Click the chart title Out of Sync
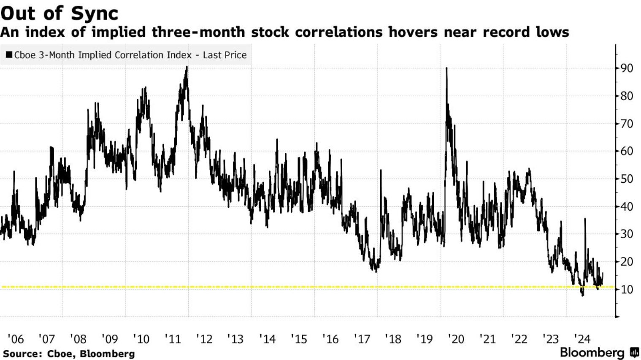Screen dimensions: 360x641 click(x=59, y=13)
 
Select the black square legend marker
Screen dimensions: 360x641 click(x=9, y=55)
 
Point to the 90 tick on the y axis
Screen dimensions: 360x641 click(x=626, y=68)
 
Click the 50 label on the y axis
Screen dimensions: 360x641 click(x=626, y=179)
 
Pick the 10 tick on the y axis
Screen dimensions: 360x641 click(x=626, y=290)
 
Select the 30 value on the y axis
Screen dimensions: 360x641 click(x=626, y=234)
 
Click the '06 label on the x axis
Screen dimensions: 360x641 click(x=16, y=339)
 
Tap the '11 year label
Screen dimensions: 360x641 click(x=173, y=339)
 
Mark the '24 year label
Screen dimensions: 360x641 click(x=582, y=339)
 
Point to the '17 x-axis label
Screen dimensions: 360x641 click(x=362, y=339)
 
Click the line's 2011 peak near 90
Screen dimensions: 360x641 click(x=187, y=67)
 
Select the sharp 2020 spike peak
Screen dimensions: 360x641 click(x=446, y=68)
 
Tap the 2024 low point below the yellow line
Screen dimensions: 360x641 click(x=583, y=295)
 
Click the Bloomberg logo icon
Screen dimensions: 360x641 click(x=634, y=352)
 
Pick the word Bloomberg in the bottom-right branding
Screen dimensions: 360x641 click(x=592, y=353)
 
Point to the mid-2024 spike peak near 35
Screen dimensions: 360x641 click(x=585, y=219)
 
